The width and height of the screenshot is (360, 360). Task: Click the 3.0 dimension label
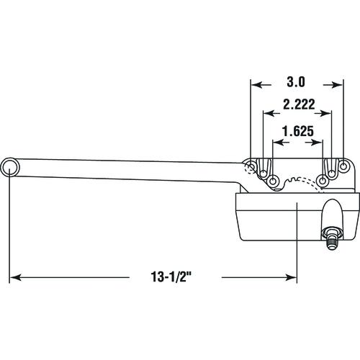point(296,82)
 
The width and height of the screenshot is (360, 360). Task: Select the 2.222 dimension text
point(299,104)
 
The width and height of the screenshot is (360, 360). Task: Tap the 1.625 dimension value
point(298,131)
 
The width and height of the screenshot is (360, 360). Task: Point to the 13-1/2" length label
point(171,276)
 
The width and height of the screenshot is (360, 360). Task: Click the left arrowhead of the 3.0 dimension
point(256,85)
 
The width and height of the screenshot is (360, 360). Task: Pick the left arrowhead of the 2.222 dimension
point(269,113)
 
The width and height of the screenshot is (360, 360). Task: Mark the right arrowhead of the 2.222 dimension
point(326,113)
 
